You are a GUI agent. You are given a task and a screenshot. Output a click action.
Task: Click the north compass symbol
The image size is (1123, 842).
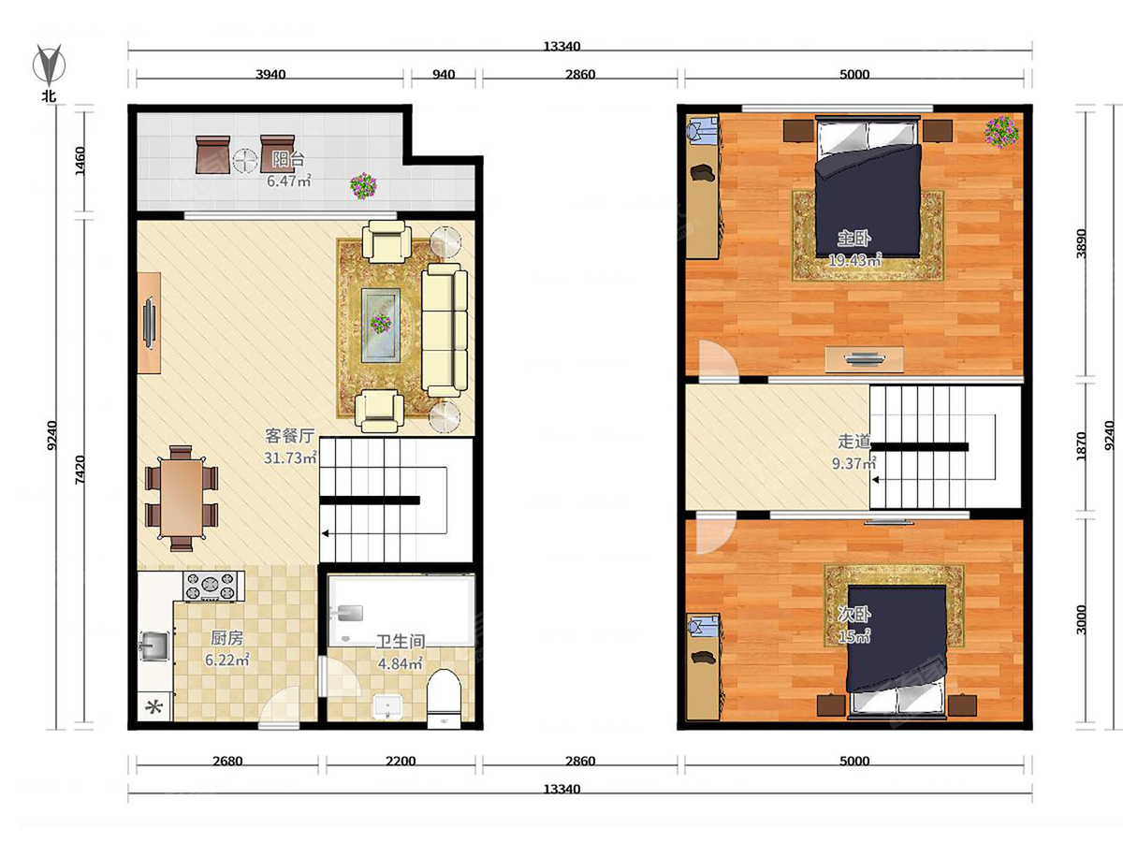[50, 65]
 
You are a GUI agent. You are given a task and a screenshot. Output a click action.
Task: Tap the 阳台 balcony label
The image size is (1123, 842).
[288, 159]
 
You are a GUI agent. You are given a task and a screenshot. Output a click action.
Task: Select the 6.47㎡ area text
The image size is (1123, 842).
[289, 181]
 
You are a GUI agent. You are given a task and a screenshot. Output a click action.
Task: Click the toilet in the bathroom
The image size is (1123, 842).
[444, 698]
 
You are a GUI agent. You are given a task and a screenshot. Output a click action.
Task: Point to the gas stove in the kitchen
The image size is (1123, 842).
[211, 586]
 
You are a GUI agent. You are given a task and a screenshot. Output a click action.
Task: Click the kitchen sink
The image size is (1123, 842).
[154, 646]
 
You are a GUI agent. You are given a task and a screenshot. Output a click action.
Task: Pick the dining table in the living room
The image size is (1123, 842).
[182, 499]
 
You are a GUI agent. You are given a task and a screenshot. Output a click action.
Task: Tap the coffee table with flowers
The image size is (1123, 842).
[381, 326]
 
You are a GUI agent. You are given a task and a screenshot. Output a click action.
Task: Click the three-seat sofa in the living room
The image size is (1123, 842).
[445, 330]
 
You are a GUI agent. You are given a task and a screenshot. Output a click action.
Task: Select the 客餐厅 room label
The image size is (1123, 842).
[289, 436]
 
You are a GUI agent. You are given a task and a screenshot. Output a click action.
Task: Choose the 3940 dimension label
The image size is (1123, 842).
[270, 75]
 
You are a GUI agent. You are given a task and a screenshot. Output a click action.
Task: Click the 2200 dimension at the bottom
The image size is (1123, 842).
[401, 762]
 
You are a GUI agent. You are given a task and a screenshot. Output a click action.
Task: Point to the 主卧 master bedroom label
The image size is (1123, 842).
[853, 239]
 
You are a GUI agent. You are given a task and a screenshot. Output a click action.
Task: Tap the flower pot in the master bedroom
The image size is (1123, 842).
[1001, 132]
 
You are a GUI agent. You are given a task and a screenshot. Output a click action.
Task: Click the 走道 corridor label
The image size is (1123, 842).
[853, 442]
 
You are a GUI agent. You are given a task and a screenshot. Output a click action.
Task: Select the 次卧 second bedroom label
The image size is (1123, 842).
[853, 614]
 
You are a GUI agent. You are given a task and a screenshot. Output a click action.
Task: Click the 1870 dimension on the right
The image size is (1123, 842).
[1081, 446]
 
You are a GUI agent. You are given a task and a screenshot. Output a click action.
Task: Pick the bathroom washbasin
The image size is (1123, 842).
[387, 706]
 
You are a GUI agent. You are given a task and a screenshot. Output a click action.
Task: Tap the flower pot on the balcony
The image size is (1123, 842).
[363, 185]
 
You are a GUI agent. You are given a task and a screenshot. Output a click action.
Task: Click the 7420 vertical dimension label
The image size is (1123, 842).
[80, 471]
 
